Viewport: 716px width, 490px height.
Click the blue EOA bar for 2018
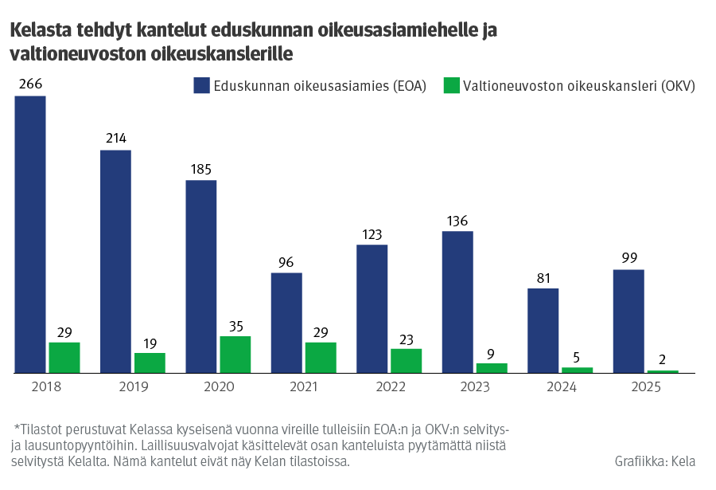[30, 234]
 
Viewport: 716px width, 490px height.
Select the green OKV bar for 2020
[235, 355]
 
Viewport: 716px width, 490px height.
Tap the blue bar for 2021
[286, 323]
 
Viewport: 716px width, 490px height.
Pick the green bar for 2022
[406, 361]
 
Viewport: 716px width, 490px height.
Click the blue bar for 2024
[543, 331]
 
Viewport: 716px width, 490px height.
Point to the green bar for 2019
[150, 363]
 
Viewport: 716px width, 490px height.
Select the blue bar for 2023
[457, 302]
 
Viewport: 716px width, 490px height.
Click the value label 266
[30, 84]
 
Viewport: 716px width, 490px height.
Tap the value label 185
[201, 169]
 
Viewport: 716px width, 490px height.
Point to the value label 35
[235, 325]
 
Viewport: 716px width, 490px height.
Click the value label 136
[457, 221]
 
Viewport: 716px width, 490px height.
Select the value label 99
[628, 258]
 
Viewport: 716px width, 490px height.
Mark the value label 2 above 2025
[663, 359]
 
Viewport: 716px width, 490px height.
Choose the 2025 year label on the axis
[645, 386]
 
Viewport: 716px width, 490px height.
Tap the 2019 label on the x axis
[133, 386]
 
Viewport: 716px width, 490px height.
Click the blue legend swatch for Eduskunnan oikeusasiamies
[201, 86]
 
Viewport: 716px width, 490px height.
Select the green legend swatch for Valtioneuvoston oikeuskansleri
[451, 86]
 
